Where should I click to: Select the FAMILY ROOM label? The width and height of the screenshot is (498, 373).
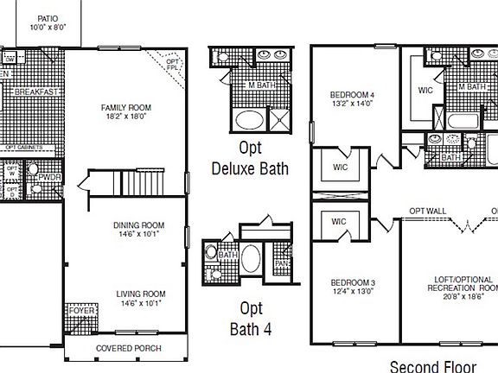pyautogui.click(x=127, y=108)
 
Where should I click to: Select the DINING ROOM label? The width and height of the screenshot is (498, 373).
pyautogui.click(x=139, y=226)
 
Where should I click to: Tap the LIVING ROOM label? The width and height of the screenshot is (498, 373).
pyautogui.click(x=141, y=294)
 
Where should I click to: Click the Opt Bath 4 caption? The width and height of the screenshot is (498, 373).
pyautogui.click(x=250, y=318)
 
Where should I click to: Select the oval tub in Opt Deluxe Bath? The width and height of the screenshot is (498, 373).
pyautogui.click(x=251, y=120)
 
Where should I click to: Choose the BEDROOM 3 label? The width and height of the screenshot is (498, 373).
pyautogui.click(x=353, y=283)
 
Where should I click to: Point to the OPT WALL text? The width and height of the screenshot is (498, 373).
pyautogui.click(x=428, y=211)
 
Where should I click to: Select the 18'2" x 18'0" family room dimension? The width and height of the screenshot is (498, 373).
pyautogui.click(x=127, y=117)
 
